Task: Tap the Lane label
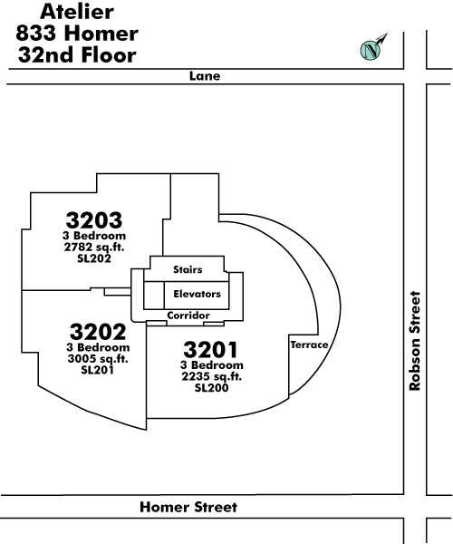coord(205,76)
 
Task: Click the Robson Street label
coord(415,341)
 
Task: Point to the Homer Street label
coord(188,507)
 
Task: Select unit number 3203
coord(94,220)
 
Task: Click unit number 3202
coord(98,332)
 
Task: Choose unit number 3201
coord(211,349)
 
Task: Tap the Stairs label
coord(188,269)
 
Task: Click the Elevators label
coord(197,294)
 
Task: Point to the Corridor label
coord(188,316)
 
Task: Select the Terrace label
coord(309,345)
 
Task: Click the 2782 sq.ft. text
coord(94,248)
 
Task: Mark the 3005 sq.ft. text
coord(98,359)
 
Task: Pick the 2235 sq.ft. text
coord(211,376)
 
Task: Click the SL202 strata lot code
coord(94,258)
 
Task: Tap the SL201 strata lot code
coord(98,370)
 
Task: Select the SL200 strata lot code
coord(211,387)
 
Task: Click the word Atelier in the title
coord(77,12)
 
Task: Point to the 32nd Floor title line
coord(77,55)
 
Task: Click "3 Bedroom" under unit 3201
coord(211,365)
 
